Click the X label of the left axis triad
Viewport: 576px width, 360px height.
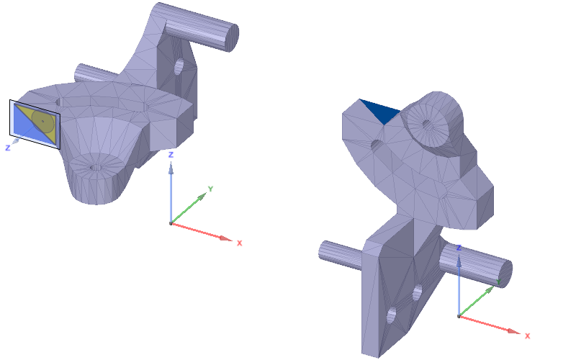pos(239,243)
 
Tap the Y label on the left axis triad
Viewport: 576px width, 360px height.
pos(210,189)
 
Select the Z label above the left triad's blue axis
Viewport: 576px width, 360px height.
pos(170,155)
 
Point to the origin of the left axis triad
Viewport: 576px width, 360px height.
pos(171,223)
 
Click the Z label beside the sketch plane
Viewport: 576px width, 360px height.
pos(7,147)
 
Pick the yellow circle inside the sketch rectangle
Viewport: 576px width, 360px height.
pos(44,121)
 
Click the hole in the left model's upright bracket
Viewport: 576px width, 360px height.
pos(179,67)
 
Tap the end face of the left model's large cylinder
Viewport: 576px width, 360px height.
pos(231,37)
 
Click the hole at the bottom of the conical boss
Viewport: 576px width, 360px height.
pos(96,167)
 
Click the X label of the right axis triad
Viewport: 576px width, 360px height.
pos(527,336)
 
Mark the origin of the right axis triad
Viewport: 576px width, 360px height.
pos(459,316)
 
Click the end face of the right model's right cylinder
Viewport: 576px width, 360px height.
pos(503,272)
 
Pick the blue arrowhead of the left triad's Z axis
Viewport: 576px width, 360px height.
pos(171,168)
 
